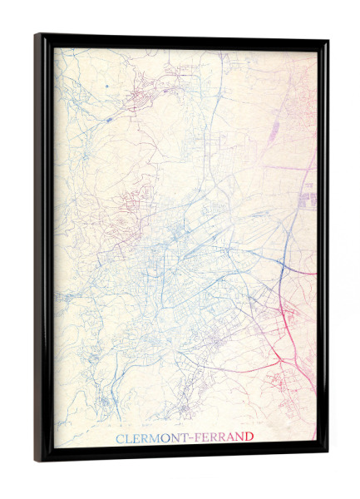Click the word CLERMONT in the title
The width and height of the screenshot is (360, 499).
pyautogui.click(x=150, y=437)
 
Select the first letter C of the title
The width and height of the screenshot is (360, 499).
pyautogui.click(x=118, y=437)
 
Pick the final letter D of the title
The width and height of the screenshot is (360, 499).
pyautogui.click(x=249, y=437)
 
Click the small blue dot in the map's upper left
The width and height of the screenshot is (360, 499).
pyautogui.click(x=107, y=86)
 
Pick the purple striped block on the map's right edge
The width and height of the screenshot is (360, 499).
pyautogui.click(x=309, y=198)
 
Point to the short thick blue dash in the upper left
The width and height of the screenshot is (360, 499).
pyautogui.click(x=108, y=119)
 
